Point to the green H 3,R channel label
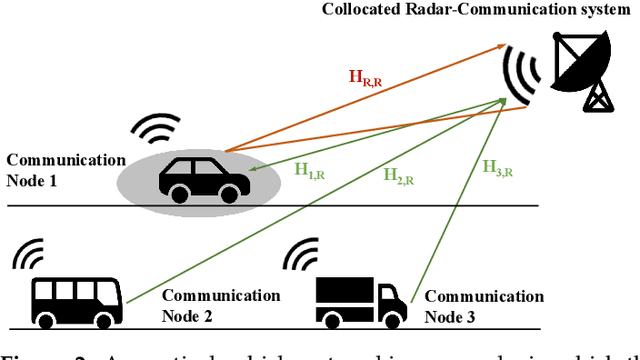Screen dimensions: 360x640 pos(498,170)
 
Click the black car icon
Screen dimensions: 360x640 pos(205,177)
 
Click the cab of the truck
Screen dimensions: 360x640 pos(394,291)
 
